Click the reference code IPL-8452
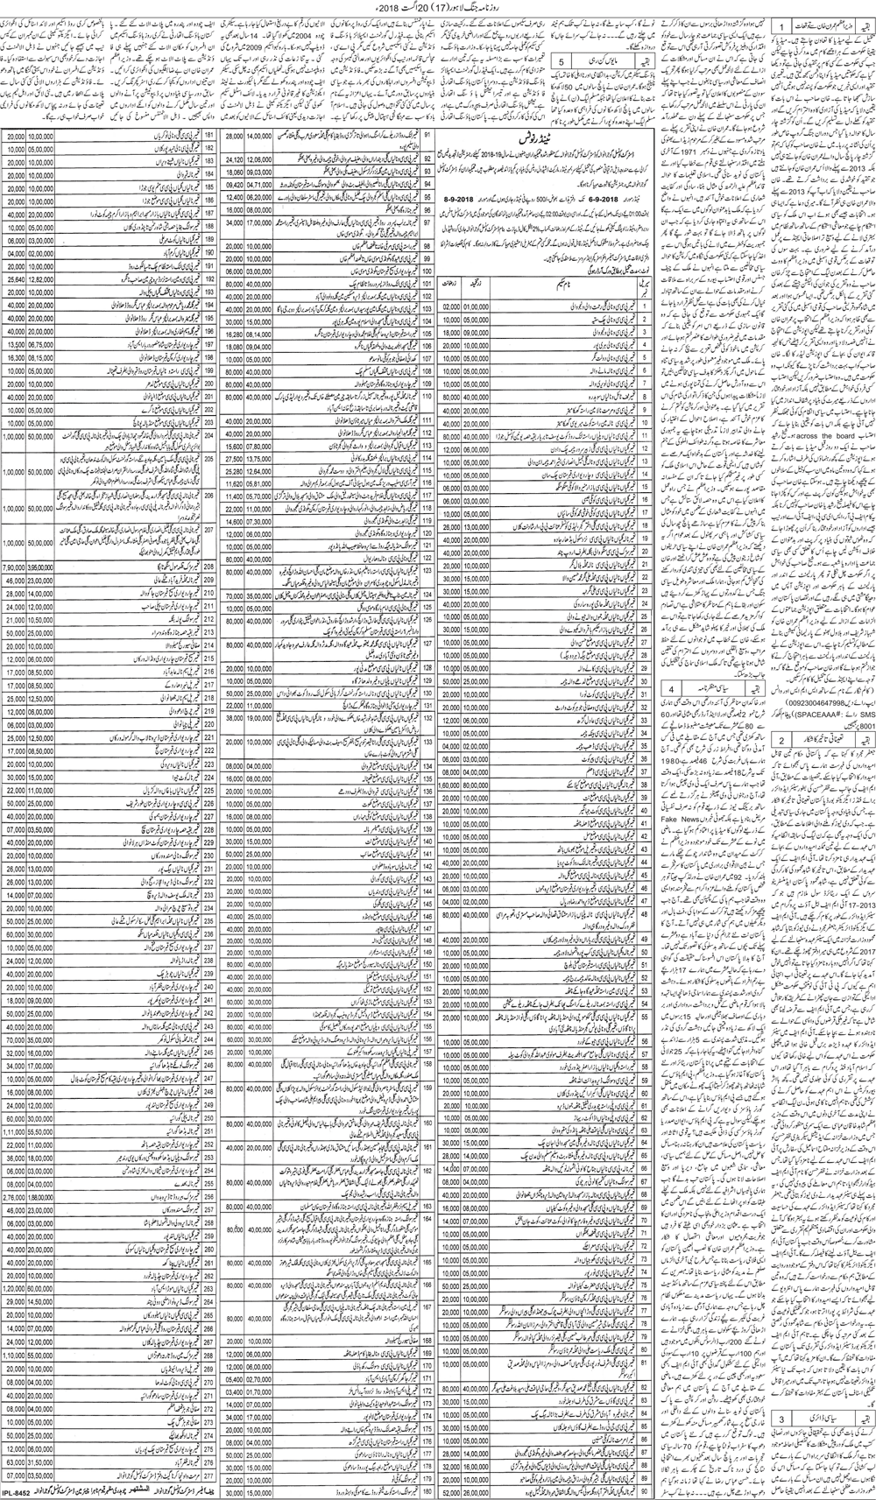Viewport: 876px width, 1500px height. [19, 1491]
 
